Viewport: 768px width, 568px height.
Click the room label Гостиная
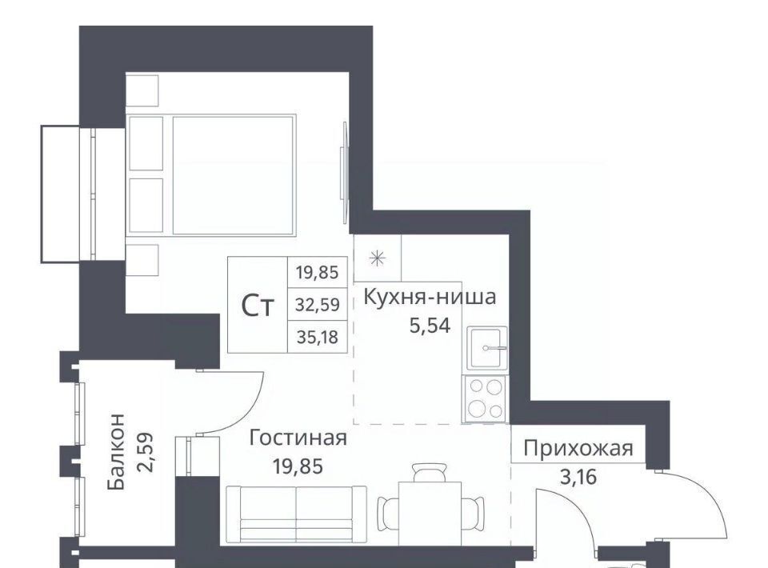[298, 438]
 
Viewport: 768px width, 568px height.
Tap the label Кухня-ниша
[430, 297]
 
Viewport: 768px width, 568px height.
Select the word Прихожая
[578, 448]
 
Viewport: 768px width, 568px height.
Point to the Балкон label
[117, 451]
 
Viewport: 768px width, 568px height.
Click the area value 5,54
[430, 325]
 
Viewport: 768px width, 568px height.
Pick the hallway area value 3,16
[578, 477]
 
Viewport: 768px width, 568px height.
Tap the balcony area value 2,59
[146, 451]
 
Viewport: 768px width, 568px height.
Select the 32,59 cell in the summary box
[317, 305]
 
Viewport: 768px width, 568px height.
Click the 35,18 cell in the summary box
[317, 337]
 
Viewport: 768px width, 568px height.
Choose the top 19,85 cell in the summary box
[317, 272]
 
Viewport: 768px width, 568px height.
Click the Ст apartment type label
[257, 306]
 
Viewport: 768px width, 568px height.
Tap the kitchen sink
[487, 348]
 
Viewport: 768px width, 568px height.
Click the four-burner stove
[485, 398]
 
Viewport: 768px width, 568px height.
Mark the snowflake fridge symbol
[378, 258]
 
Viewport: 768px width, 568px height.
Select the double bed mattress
[234, 175]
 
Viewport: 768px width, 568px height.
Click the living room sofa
[296, 515]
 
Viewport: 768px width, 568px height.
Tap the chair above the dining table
[430, 473]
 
